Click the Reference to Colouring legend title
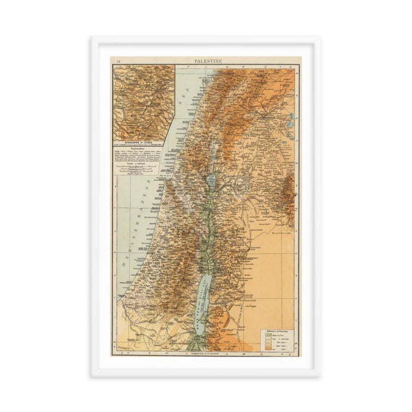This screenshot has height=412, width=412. pos(274,331)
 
